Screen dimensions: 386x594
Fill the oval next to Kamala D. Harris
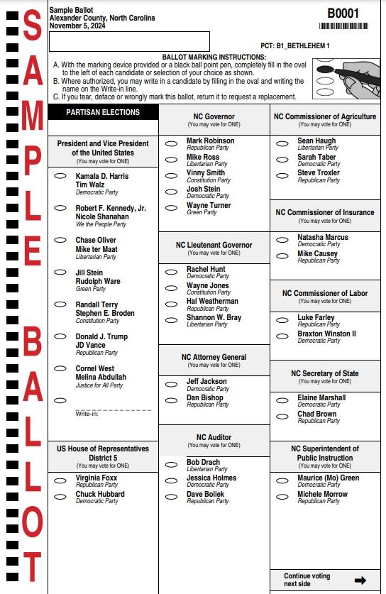pos(61,176)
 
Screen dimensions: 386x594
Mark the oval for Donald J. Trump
pos(61,337)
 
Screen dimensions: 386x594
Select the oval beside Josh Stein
pos(171,191)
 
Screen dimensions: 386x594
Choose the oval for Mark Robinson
pos(171,143)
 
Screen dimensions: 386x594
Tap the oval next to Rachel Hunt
pos(171,271)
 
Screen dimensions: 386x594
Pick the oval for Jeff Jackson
pos(171,383)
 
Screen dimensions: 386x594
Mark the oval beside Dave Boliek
pos(171,495)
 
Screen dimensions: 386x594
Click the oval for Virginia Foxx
pos(61,480)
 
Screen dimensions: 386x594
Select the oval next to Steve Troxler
pos(282,175)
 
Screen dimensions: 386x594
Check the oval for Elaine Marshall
pos(282,400)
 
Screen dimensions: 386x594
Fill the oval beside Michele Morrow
pos(282,496)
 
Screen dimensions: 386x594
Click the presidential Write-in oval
pos(61,400)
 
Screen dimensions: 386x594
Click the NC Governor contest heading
pos(214,116)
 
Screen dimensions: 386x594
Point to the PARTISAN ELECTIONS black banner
pos(103,112)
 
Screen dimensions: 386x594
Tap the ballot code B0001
pos(343,13)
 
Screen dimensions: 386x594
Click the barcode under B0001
pos(344,26)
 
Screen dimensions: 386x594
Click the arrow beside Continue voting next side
pos(360,580)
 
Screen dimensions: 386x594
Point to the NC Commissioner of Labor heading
pos(325,293)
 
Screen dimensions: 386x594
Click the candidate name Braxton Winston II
pos(327,334)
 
